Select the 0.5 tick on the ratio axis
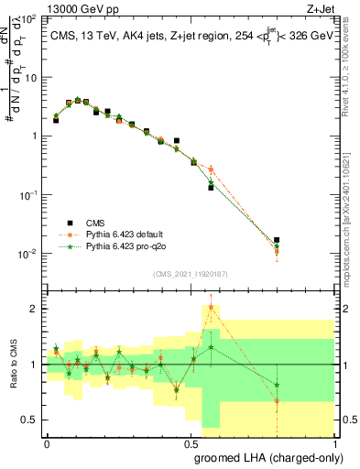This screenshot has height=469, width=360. [x=31, y=420]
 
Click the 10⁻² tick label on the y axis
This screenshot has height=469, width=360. [x=28, y=254]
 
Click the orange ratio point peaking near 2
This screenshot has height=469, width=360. [x=211, y=307]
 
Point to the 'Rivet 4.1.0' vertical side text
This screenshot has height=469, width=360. [x=351, y=69]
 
